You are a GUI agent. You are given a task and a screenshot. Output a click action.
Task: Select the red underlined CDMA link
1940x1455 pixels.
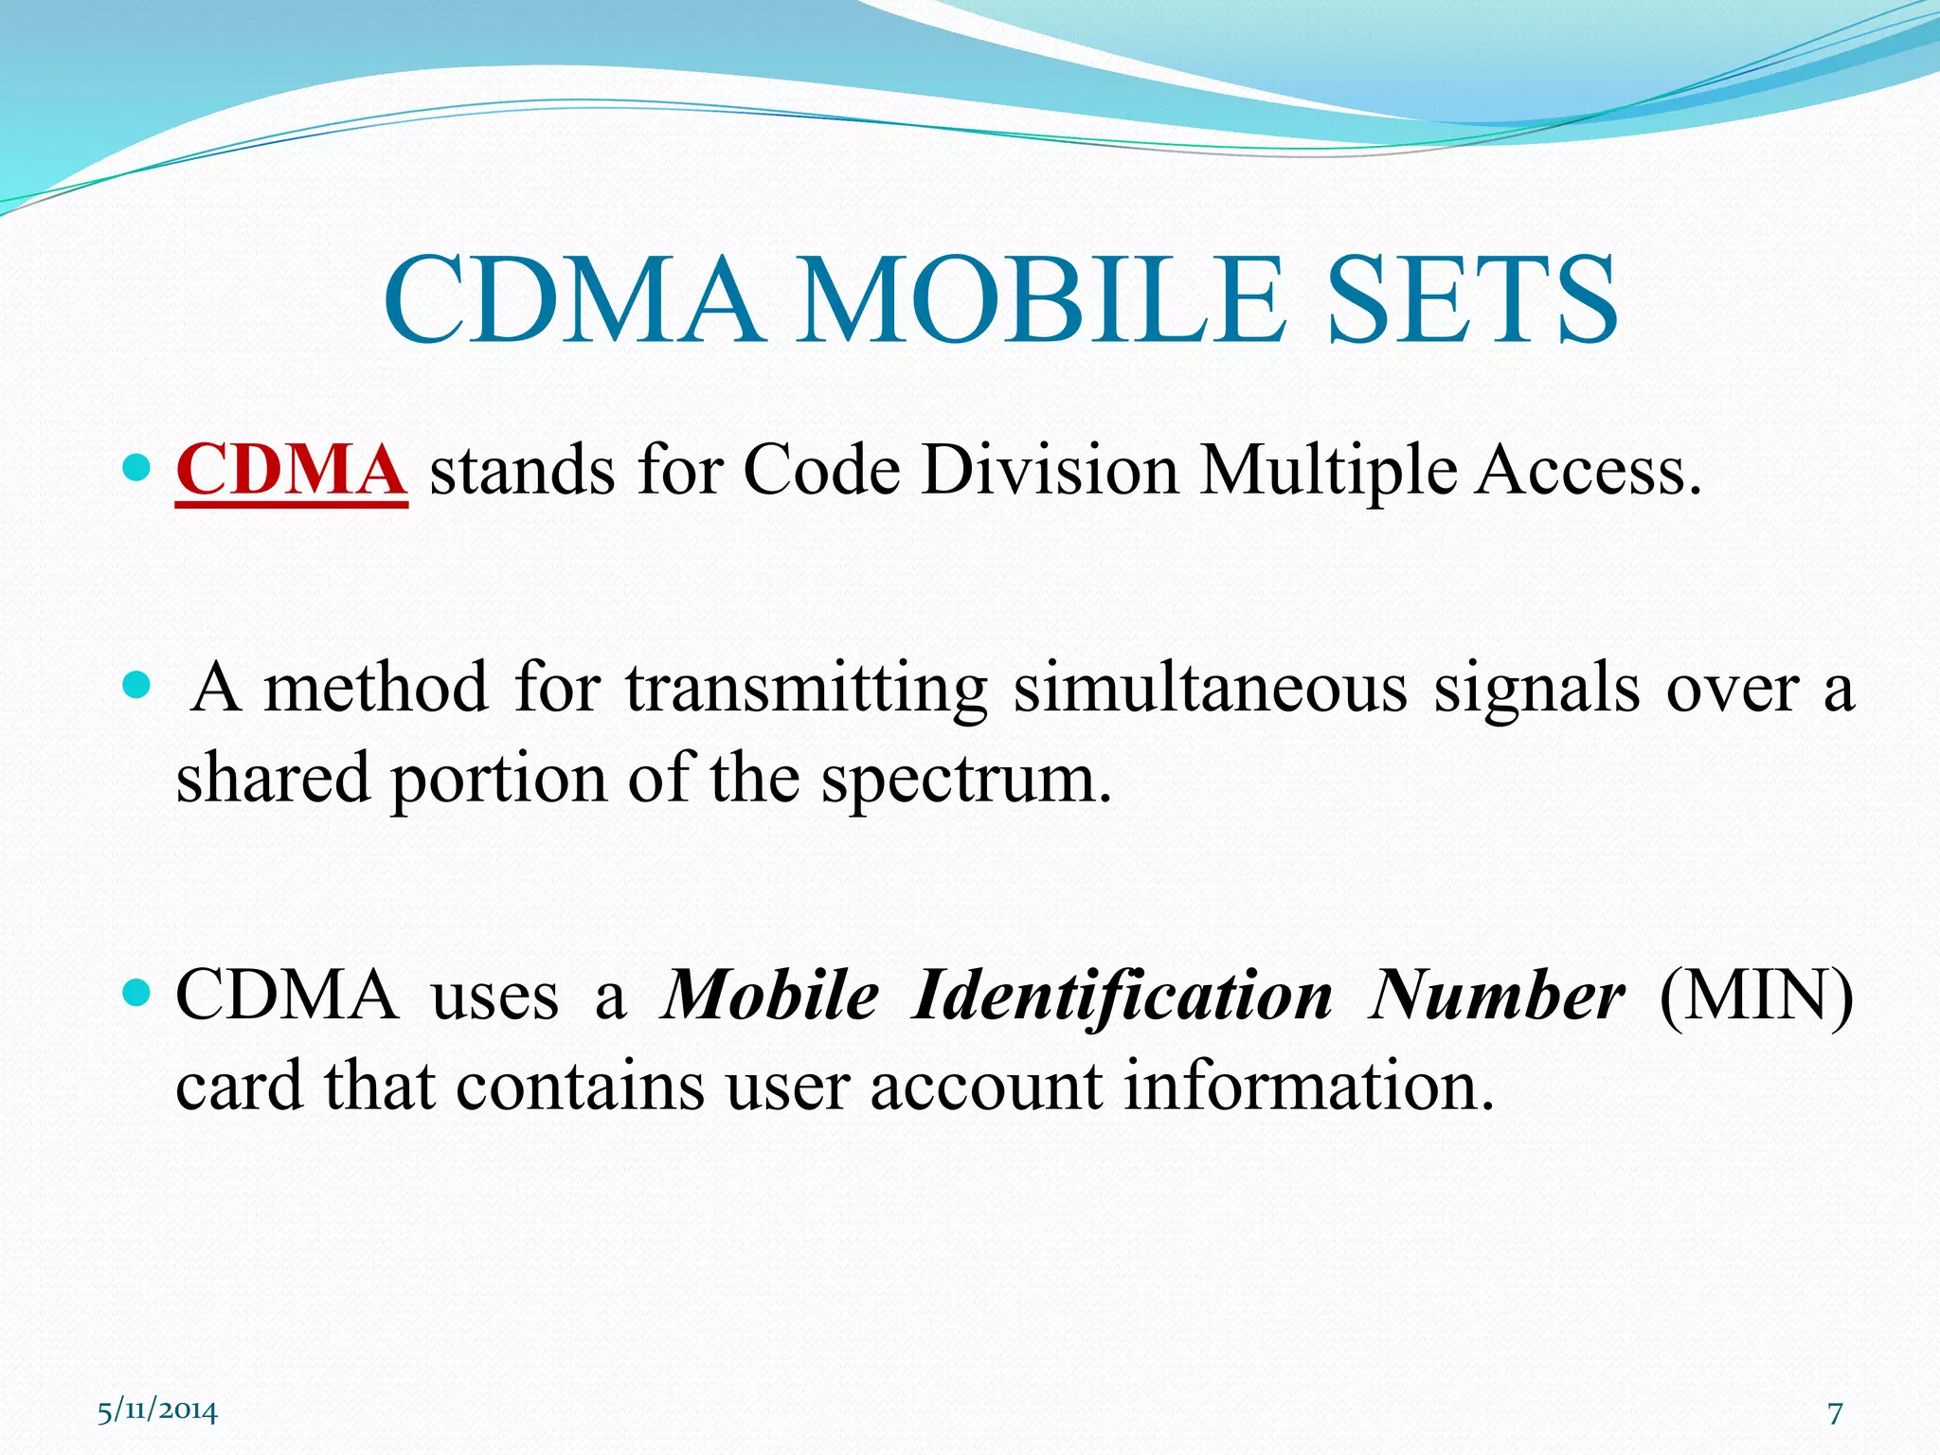[x=291, y=471]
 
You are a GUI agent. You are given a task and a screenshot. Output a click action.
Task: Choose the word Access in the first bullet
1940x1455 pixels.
[x=1586, y=471]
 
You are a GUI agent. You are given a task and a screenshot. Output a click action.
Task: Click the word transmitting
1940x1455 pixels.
[x=806, y=689]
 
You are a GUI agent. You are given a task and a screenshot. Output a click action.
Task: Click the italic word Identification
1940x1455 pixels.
[x=1123, y=997]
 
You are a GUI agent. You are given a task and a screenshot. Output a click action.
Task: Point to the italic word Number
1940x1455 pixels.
[x=1497, y=997]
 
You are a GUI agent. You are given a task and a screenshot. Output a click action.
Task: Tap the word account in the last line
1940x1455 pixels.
[x=986, y=1087]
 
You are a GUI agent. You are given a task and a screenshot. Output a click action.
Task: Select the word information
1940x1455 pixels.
[x=1308, y=1087]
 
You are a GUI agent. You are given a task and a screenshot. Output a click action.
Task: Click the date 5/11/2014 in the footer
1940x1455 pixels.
[x=157, y=1411]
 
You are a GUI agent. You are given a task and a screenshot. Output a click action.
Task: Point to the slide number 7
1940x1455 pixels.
[x=1835, y=1413]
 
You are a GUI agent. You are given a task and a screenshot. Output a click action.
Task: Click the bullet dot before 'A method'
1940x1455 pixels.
[x=137, y=684]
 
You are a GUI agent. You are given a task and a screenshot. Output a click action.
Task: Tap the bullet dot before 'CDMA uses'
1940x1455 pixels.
[x=137, y=993]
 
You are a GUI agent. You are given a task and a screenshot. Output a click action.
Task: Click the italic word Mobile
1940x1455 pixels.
[x=771, y=997]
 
